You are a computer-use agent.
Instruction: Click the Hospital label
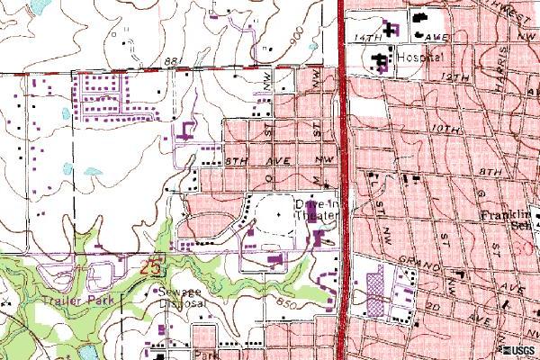421,56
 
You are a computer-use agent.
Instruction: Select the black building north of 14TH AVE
419,18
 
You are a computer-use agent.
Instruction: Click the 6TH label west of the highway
236,159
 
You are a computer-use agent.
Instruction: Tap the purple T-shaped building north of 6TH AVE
188,130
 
